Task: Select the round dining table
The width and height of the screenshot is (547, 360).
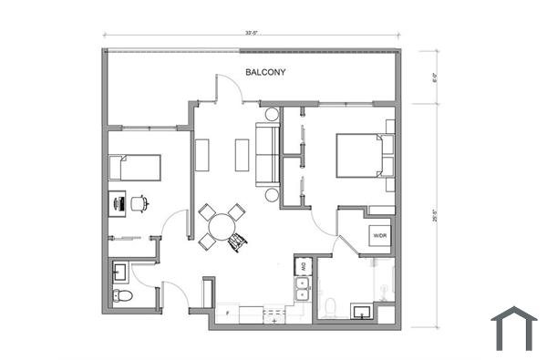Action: click(220, 226)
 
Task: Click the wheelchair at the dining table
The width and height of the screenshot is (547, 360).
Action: click(239, 242)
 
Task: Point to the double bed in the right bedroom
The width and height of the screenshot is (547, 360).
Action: click(359, 155)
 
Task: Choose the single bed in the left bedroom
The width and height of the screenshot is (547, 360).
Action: click(135, 167)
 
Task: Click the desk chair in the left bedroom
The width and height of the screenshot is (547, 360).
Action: click(139, 203)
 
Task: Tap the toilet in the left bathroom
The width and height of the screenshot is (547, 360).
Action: click(122, 295)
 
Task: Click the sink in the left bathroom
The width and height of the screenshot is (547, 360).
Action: click(120, 271)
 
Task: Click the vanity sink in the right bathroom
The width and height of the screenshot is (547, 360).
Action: click(362, 312)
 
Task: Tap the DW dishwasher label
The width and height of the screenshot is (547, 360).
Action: click(301, 267)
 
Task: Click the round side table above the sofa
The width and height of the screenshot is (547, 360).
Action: click(271, 115)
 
